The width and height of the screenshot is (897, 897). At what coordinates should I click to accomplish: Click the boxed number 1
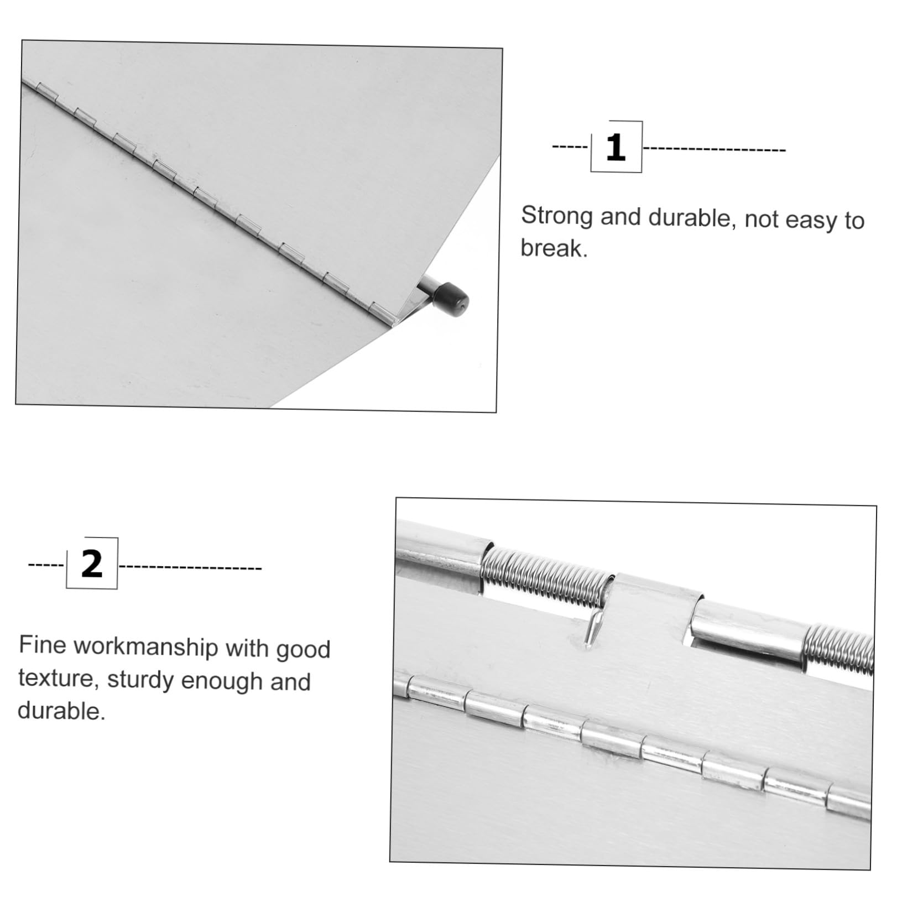(616, 148)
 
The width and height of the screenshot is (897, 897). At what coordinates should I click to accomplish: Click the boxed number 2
(92, 564)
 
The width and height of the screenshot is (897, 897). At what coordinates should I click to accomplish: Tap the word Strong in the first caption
(556, 216)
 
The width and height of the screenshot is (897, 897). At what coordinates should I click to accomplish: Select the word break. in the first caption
(554, 248)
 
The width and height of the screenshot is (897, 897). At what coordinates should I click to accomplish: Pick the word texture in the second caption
(59, 678)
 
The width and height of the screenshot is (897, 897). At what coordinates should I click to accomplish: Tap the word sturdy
(141, 681)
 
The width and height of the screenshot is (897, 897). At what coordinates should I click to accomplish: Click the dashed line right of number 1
(714, 149)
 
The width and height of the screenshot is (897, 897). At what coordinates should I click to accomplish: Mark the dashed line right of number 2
(190, 567)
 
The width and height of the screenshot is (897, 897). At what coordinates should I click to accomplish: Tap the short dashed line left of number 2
(46, 565)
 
